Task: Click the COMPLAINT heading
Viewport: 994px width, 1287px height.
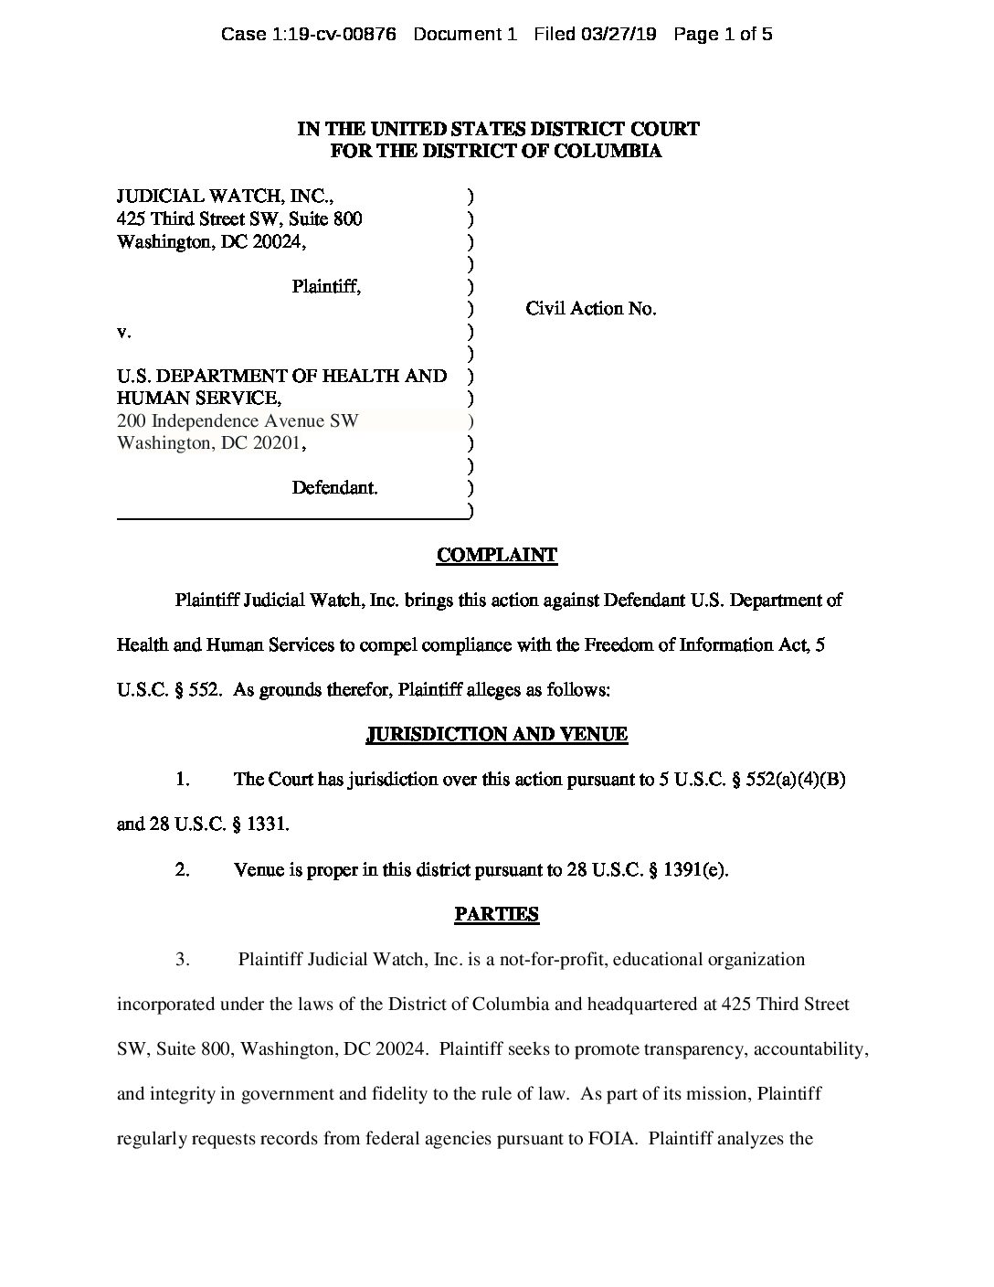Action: click(496, 555)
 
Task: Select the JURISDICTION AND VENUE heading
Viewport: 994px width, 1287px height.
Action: click(496, 734)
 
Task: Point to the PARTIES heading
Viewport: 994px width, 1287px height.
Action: click(496, 914)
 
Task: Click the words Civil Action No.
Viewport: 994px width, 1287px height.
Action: click(590, 309)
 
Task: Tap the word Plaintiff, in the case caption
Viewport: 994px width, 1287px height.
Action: click(326, 286)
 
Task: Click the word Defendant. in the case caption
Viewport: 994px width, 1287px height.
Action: click(334, 487)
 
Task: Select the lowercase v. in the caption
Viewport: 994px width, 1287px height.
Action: click(123, 332)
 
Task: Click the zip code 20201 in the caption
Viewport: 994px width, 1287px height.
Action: click(279, 443)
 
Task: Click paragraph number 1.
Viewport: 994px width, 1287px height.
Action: click(183, 780)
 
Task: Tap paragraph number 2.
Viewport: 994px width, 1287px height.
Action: click(183, 869)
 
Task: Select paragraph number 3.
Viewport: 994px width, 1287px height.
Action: click(183, 960)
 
